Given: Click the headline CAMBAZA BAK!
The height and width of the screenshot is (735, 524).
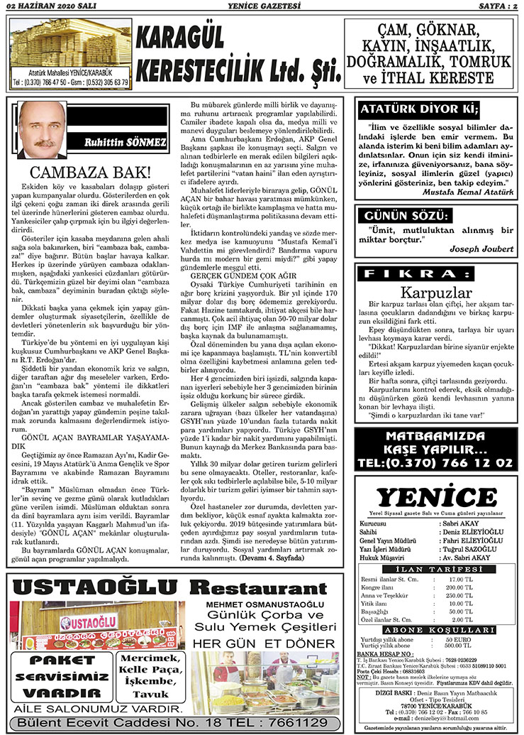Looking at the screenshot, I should [90, 172].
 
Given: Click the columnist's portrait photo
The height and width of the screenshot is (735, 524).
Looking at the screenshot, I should [45, 130].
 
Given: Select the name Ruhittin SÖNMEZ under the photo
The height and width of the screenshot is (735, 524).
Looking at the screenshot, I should [125, 143].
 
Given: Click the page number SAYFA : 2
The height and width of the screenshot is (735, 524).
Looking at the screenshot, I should [496, 7].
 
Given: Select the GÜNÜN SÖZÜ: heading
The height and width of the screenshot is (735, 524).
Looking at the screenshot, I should [407, 215].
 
